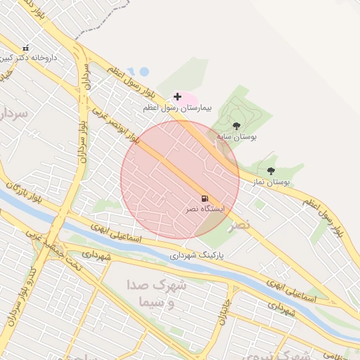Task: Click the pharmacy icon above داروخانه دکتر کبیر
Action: click(26, 48)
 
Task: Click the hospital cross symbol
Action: click(177, 96)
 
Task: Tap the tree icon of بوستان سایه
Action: click(236, 126)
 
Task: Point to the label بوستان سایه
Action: click(236, 136)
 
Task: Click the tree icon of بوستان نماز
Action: click(271, 171)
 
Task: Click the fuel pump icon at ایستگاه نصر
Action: click(205, 199)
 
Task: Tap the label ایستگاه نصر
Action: click(204, 210)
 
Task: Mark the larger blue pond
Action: click(143, 71)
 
